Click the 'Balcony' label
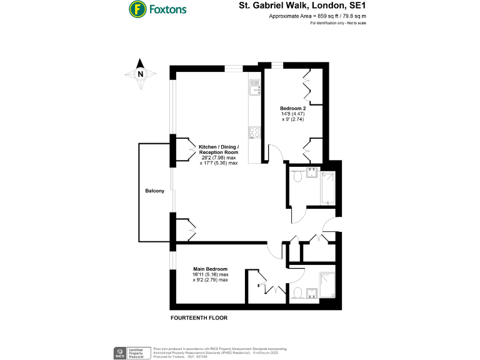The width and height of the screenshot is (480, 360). (155, 191)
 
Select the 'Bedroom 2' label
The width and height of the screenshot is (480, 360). (292, 113)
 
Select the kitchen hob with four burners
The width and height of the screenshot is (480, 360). (254, 132)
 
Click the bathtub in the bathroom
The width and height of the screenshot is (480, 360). (328, 188)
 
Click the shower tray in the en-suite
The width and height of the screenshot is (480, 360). (327, 284)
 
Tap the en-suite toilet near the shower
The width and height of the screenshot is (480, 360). (298, 291)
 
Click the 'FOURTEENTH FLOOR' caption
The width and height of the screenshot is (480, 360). (199, 318)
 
